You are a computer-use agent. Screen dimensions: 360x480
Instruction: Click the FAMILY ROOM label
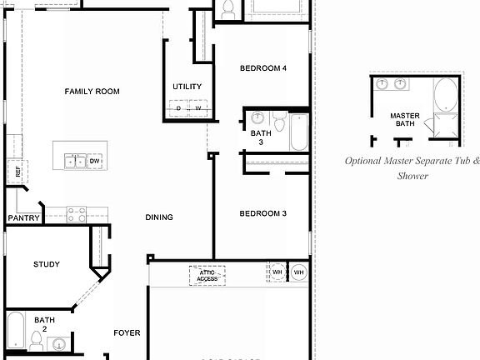(92, 92)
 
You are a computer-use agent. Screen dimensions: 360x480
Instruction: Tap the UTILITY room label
(187, 87)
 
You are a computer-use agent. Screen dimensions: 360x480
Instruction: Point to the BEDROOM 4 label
(263, 68)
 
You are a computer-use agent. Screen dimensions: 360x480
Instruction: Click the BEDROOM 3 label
(263, 214)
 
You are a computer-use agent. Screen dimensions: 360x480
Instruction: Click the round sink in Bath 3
(257, 117)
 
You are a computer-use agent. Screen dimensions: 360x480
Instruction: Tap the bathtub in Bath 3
(299, 132)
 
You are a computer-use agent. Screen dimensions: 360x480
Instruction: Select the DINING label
(159, 217)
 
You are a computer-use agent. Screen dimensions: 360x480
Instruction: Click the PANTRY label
(24, 218)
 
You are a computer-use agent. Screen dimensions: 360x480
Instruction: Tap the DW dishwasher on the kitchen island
(95, 161)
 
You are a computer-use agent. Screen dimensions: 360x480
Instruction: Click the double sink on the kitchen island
(75, 161)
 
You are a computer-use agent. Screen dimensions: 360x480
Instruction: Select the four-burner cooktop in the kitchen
(76, 214)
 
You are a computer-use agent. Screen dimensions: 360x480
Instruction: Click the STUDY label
(47, 265)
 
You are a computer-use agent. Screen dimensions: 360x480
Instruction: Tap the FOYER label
(127, 333)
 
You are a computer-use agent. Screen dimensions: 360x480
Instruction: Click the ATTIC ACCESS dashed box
(207, 275)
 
